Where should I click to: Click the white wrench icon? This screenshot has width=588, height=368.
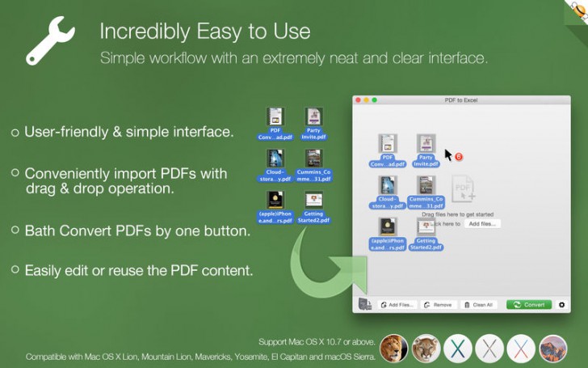(50, 41)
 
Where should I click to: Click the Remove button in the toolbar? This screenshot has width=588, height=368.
(438, 305)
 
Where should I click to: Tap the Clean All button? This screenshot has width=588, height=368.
(479, 305)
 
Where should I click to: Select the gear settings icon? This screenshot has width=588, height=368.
(562, 305)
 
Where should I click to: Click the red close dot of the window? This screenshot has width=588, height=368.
(358, 99)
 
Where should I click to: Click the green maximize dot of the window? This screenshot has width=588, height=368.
(374, 99)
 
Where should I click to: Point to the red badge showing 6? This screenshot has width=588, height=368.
(459, 157)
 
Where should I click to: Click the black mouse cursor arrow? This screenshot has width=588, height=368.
(448, 154)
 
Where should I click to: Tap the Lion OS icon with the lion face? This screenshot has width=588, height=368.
(393, 348)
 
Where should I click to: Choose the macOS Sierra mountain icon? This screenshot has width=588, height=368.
(553, 348)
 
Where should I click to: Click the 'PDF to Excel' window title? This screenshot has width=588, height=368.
(461, 99)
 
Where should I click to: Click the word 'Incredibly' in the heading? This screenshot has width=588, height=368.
(138, 32)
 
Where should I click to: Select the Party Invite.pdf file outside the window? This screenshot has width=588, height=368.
(313, 124)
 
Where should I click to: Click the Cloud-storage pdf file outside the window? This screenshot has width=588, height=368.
(275, 166)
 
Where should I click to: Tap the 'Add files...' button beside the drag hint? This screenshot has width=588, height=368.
(483, 223)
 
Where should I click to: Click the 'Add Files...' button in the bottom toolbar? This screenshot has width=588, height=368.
(397, 305)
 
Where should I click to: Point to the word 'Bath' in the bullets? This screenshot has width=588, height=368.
(40, 231)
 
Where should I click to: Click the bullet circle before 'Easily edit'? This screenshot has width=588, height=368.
(15, 269)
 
